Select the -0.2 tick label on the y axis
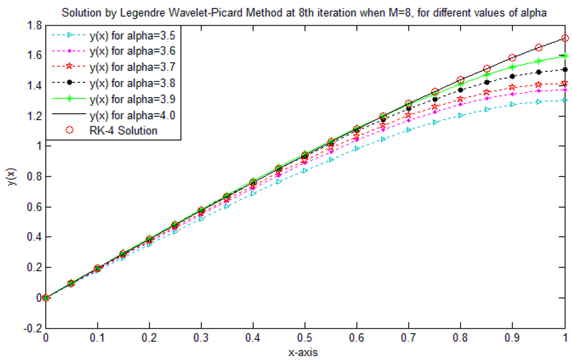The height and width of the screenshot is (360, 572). click(32, 328)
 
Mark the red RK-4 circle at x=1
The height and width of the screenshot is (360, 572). click(565, 38)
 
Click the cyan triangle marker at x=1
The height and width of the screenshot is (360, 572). click(565, 100)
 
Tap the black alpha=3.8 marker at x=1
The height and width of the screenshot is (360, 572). click(565, 69)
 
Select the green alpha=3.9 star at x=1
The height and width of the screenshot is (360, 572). click(565, 55)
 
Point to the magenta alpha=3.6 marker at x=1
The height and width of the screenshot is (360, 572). click(565, 89)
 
